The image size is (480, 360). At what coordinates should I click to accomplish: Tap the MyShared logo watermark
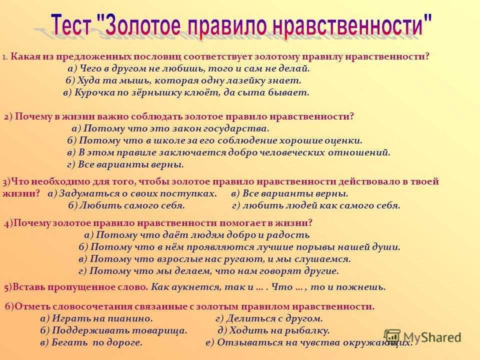click(422, 337)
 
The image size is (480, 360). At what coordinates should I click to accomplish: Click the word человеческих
click(292, 152)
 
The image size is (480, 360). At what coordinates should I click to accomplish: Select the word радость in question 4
click(288, 235)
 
